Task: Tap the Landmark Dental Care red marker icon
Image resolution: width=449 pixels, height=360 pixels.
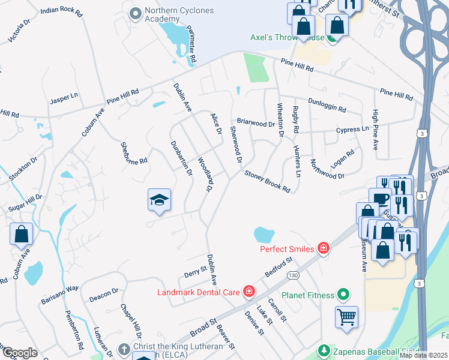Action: pos(248,292)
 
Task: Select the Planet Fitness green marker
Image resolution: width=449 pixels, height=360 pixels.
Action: pos(343,294)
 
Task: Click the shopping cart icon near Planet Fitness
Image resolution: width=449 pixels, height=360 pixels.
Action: pos(347,316)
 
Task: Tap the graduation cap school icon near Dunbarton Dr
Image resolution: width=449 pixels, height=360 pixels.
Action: pos(159,200)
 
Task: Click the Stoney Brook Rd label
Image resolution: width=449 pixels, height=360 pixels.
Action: pos(267,181)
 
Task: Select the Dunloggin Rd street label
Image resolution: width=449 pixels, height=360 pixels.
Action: pos(327,106)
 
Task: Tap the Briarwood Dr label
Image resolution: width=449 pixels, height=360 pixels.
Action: pos(255,123)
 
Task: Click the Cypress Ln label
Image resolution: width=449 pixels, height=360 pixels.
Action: pos(352,130)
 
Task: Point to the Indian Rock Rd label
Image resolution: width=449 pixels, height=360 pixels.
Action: pos(61,11)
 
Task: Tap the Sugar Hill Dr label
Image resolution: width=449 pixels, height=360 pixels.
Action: pos(25,202)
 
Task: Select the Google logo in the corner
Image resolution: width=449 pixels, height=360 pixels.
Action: pos(19,352)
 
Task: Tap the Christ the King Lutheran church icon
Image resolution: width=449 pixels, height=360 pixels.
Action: pos(124,349)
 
